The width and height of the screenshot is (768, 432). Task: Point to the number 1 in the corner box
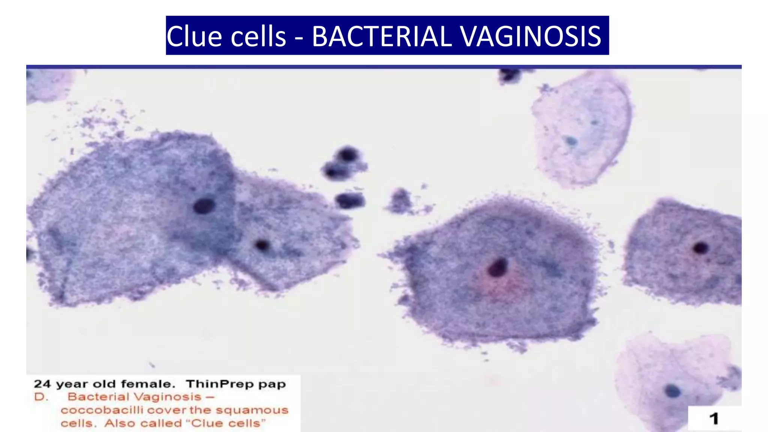click(714, 418)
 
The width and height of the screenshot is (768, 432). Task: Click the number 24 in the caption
click(42, 384)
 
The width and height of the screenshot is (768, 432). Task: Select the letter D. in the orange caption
click(41, 397)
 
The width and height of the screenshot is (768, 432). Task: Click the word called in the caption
click(158, 423)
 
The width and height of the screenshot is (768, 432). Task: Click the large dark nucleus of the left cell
click(204, 206)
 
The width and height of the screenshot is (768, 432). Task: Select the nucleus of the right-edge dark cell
click(700, 247)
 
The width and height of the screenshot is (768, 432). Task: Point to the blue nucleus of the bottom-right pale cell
click(672, 391)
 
